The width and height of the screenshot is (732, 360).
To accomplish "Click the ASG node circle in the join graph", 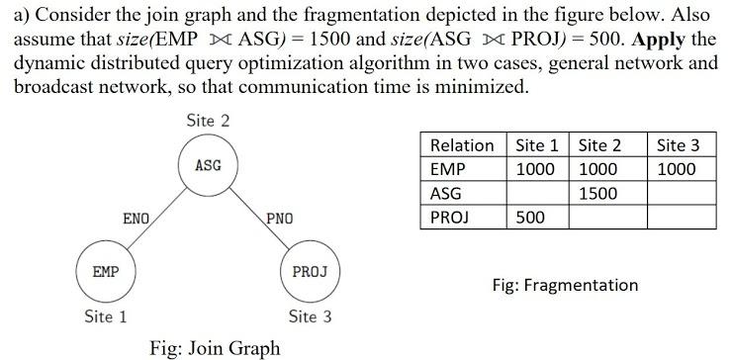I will point(208,165).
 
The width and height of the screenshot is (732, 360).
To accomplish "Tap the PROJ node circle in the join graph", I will point(311,269).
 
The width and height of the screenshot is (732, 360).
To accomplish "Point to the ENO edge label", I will point(136,217).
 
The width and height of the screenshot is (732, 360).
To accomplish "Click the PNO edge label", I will point(279,217).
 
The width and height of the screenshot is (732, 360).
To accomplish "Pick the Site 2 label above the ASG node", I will point(208,121).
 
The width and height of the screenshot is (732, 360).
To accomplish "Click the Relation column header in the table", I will point(462,145).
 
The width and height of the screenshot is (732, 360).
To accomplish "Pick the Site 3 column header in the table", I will point(678,145).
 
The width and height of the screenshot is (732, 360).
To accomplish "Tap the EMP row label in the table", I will point(448,169).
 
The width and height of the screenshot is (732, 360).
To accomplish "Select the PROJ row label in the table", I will point(451,217).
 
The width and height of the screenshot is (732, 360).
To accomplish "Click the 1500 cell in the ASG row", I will point(597,193).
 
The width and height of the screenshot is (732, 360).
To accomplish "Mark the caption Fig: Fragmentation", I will point(565,285).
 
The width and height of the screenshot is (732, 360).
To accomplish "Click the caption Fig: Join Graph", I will point(214,347).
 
